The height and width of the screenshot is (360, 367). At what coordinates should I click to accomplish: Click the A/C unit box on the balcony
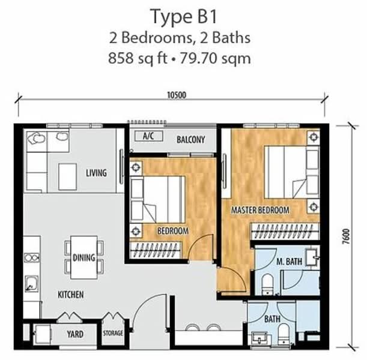tap(148, 136)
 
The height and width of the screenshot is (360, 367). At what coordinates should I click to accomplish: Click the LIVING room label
tap(96, 173)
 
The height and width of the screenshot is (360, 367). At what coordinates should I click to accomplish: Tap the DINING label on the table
tap(83, 258)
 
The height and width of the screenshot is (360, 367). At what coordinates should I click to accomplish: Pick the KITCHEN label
tap(70, 295)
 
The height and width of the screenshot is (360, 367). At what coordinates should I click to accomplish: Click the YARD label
tap(75, 334)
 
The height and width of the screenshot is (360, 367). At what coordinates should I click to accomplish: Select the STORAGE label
tap(112, 334)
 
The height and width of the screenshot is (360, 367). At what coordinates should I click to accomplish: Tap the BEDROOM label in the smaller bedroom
tap(173, 230)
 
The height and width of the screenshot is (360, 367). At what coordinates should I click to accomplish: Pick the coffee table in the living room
tap(68, 176)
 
